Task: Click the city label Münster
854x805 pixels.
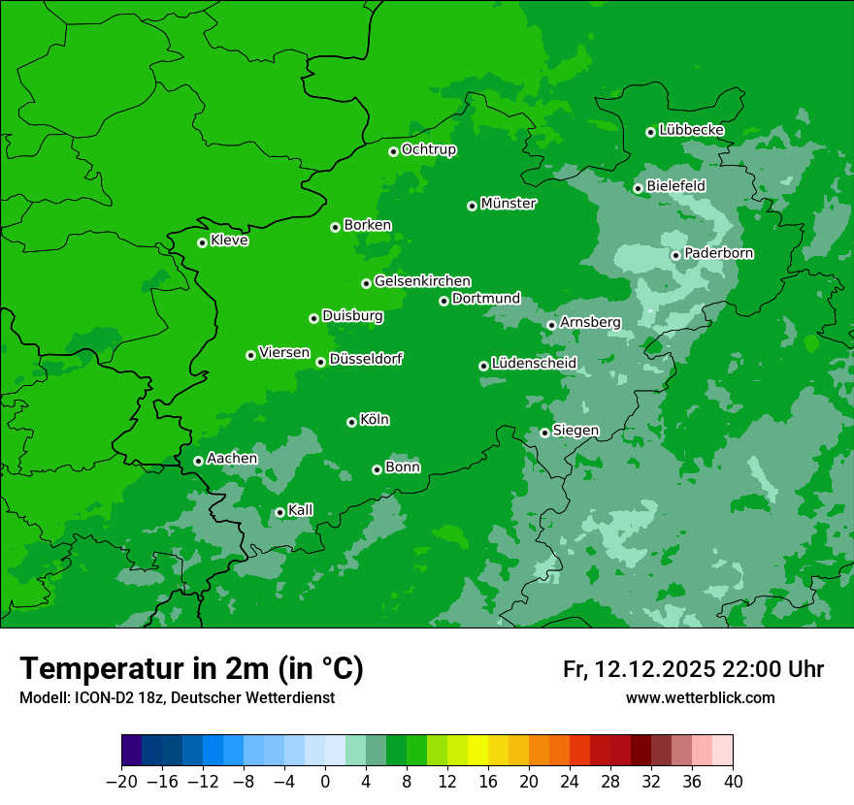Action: point(509,204)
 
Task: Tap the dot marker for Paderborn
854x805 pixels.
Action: point(676,256)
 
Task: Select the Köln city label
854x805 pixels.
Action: point(375,420)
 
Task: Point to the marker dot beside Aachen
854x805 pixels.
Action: point(199,461)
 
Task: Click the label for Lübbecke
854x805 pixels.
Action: point(691,130)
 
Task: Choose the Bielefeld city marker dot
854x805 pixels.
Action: point(639,188)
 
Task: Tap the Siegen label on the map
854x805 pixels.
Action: point(575,431)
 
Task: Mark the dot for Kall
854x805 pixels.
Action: point(279,512)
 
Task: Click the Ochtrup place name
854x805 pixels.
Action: point(429,149)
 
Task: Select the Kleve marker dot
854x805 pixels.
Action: point(202,242)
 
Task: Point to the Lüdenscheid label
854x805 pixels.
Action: point(534,364)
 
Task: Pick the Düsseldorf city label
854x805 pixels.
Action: point(366,359)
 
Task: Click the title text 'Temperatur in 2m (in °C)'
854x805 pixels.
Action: point(191,668)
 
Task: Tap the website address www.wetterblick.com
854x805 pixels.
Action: point(700,698)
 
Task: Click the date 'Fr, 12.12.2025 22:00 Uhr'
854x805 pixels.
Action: point(693,669)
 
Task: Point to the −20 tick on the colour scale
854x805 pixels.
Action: point(121,781)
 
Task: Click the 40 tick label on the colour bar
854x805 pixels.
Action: point(733,781)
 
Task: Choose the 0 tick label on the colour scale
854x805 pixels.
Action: point(325,781)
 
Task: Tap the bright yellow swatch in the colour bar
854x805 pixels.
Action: point(477,751)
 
